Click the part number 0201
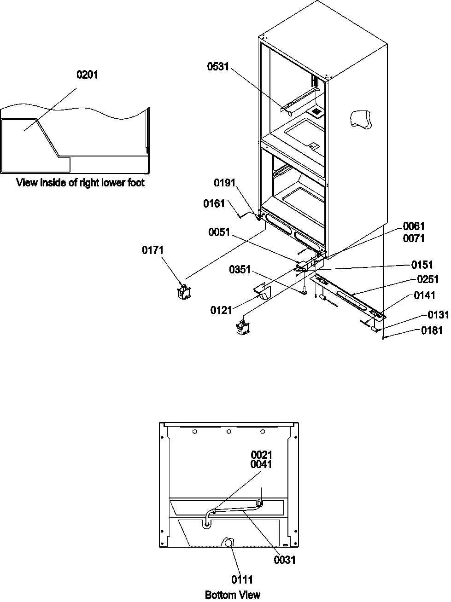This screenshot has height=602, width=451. tap(87, 75)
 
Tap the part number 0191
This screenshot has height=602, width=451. tap(225, 183)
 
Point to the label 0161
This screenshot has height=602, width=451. tap(214, 203)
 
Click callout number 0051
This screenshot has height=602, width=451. tap(218, 232)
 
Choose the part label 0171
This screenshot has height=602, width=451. tap(153, 250)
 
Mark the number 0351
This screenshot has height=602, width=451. tap(240, 270)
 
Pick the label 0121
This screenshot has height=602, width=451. tap(222, 311)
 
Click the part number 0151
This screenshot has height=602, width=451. tap(422, 265)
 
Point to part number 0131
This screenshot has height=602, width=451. tap(438, 315)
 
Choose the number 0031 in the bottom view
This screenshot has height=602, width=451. tap(284, 560)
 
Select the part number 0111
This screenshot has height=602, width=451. tap(241, 580)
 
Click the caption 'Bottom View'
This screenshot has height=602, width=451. tap(233, 595)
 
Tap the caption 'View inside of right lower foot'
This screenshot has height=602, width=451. tap(81, 183)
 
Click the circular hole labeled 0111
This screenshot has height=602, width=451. tap(228, 543)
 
